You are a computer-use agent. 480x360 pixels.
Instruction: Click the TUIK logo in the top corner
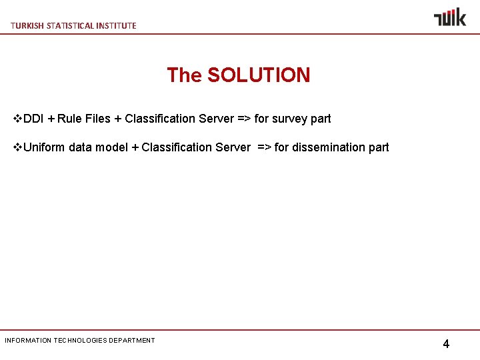(x=450, y=17)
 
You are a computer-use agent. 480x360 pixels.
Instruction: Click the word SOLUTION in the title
(x=259, y=75)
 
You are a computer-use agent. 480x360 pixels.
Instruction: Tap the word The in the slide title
(x=184, y=75)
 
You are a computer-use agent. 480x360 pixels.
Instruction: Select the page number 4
(x=446, y=344)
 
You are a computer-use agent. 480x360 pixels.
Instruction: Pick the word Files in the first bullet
(x=98, y=119)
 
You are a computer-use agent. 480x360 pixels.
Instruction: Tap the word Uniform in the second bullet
(x=44, y=147)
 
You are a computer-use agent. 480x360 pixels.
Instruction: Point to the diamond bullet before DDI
(x=18, y=119)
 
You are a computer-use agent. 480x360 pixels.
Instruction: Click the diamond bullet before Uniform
(x=18, y=147)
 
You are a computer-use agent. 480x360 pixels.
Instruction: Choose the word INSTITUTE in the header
(x=117, y=25)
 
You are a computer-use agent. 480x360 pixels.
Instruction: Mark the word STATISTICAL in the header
(x=69, y=25)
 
